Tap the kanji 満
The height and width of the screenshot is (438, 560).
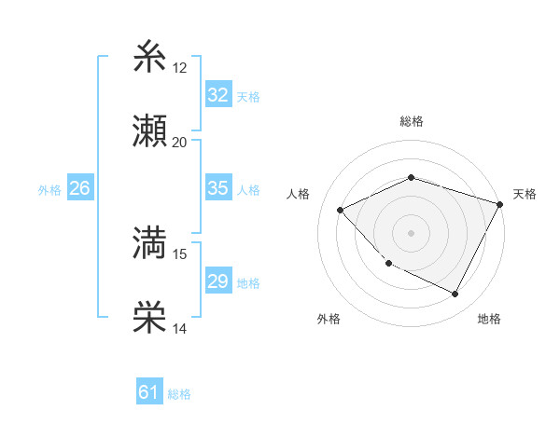pyautogui.click(x=151, y=244)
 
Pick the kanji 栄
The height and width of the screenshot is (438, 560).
pyautogui.click(x=151, y=318)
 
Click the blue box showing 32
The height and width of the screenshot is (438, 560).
pyautogui.click(x=217, y=94)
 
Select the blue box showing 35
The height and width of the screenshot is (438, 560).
pyautogui.click(x=217, y=188)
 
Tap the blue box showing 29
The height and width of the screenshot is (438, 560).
pyautogui.click(x=217, y=281)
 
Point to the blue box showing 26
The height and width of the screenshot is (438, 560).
pyautogui.click(x=79, y=188)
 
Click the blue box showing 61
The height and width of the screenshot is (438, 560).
pyautogui.click(x=148, y=392)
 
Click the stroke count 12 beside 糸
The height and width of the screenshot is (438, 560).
pyautogui.click(x=180, y=68)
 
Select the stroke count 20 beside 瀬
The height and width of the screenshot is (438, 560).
pyautogui.click(x=180, y=142)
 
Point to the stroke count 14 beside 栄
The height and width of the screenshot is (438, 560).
pyautogui.click(x=180, y=328)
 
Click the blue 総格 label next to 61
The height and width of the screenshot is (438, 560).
pyautogui.click(x=179, y=394)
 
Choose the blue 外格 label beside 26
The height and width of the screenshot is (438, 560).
pyautogui.click(x=49, y=189)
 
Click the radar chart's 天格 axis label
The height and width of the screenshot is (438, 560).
pyautogui.click(x=525, y=194)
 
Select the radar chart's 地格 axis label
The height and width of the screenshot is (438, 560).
pyautogui.click(x=489, y=319)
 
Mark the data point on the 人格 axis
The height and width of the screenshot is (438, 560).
pyautogui.click(x=341, y=210)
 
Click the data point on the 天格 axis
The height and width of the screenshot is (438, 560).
pyautogui.click(x=501, y=203)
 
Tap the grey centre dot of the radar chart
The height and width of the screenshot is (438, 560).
pyautogui.click(x=411, y=232)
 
